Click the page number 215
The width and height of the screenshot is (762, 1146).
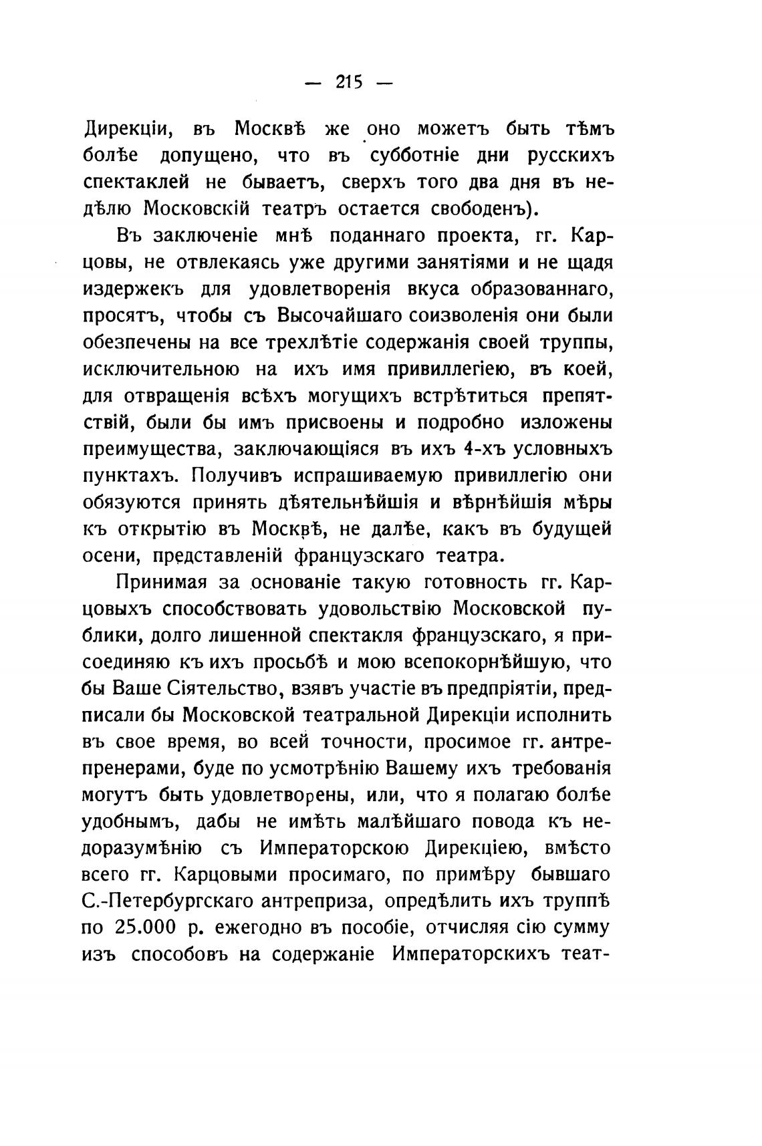click(348, 83)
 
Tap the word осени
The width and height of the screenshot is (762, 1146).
click(110, 557)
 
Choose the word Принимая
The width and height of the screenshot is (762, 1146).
click(160, 583)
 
